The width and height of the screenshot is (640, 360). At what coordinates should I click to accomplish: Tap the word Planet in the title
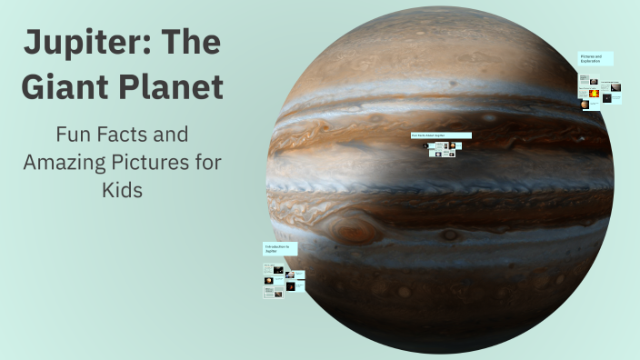(x=172, y=88)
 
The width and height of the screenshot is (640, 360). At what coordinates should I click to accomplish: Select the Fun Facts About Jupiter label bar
(x=441, y=135)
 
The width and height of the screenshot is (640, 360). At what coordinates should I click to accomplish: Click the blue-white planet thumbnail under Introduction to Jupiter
(x=290, y=274)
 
